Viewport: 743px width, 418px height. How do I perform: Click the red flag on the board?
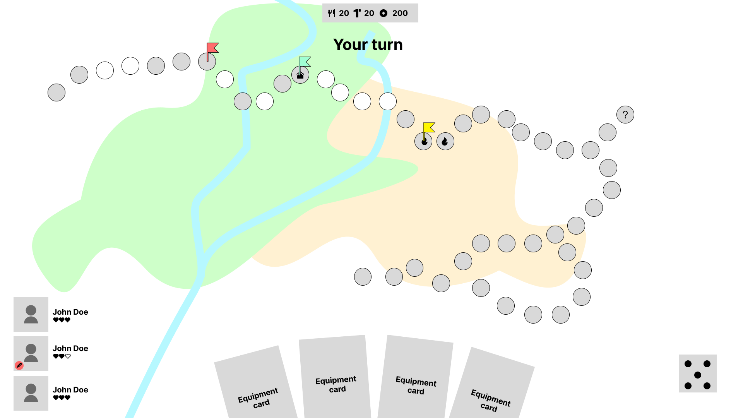pos(212,48)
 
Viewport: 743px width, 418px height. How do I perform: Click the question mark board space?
pos(625,115)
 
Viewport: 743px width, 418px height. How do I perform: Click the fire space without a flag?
pos(445,141)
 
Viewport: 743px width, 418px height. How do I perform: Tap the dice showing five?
pos(697,373)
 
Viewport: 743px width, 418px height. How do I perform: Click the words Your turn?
pos(368,45)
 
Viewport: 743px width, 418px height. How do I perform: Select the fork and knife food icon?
pos(331,14)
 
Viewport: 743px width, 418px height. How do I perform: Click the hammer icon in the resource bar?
pos(357,14)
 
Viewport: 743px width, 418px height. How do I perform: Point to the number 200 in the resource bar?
pos(400,14)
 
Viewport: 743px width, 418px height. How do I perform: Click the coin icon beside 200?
pos(383,14)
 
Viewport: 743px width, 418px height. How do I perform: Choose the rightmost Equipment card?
pos(491,387)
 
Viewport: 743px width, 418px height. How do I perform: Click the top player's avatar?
pos(31,314)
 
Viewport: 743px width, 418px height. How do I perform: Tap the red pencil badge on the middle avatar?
pos(19,365)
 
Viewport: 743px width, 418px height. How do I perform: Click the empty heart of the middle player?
pos(68,356)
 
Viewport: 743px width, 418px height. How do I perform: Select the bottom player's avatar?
pos(31,393)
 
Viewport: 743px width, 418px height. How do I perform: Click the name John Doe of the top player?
pos(70,312)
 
